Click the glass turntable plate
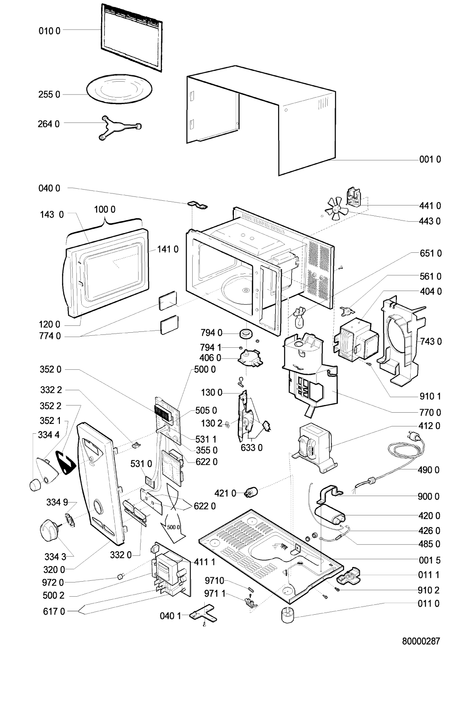click(x=120, y=91)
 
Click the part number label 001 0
click(x=430, y=159)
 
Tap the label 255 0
click(x=52, y=95)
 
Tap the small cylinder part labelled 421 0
click(x=250, y=492)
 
